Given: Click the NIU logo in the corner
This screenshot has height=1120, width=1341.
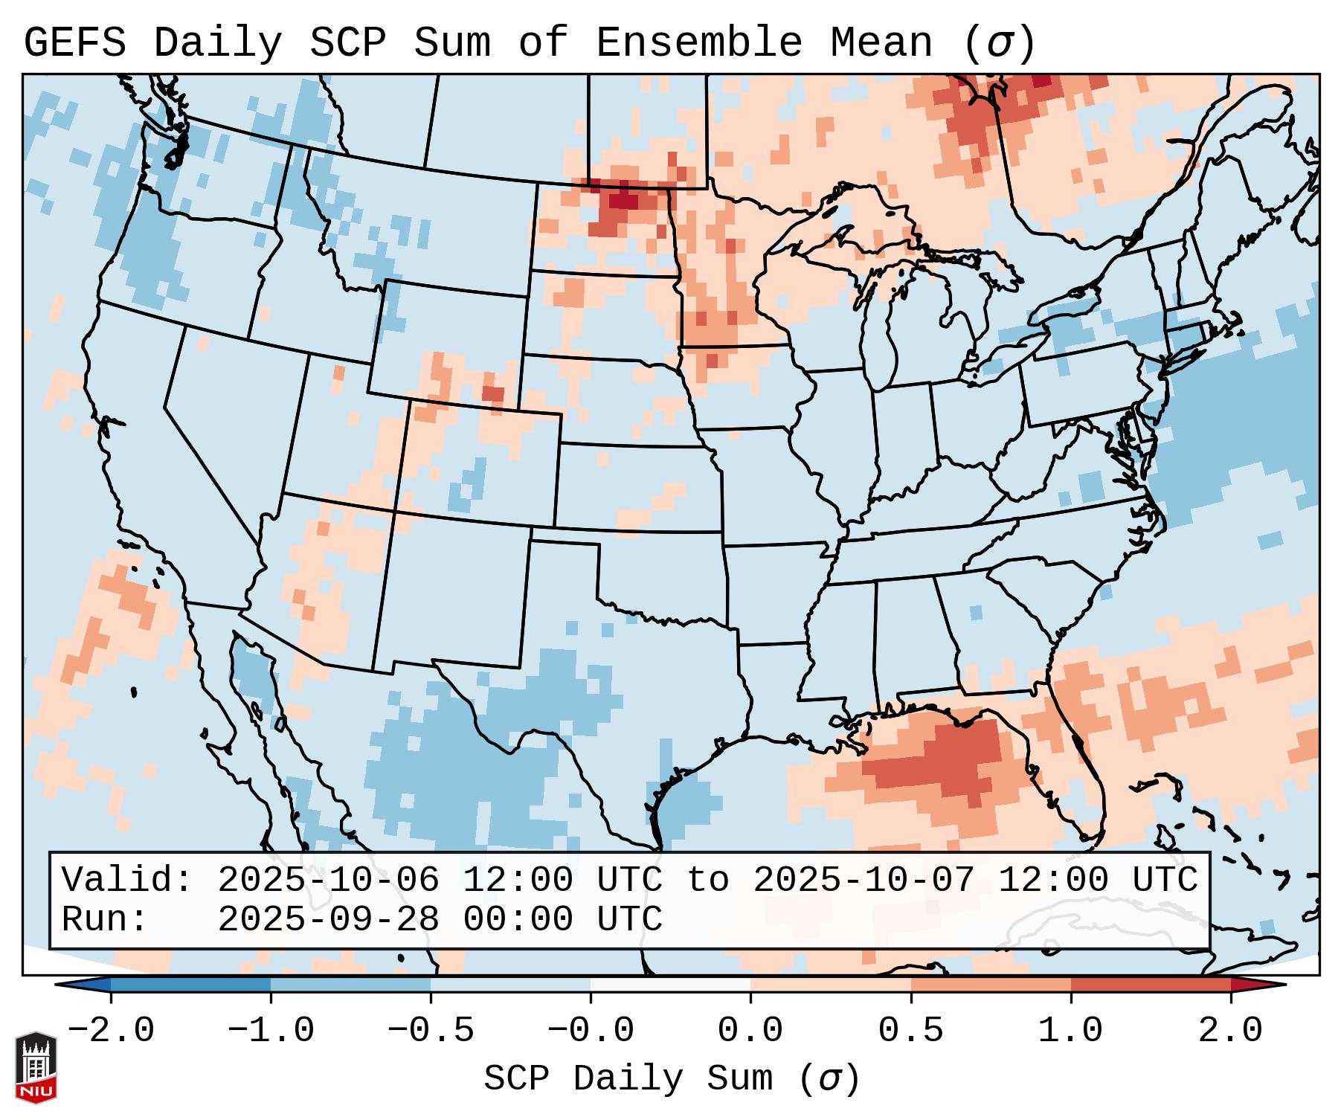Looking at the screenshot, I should click(36, 1066).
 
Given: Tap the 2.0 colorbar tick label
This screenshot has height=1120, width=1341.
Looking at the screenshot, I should click(1230, 1031).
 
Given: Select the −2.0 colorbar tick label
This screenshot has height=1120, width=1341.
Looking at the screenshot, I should click(111, 1031).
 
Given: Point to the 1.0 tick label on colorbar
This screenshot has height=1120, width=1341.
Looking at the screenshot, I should click(1070, 1031).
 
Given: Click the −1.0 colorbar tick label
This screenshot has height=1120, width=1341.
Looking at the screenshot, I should click(271, 1031).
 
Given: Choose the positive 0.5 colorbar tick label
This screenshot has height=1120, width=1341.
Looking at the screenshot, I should click(910, 1031).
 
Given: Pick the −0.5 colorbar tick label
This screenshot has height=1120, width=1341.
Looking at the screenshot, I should click(431, 1031).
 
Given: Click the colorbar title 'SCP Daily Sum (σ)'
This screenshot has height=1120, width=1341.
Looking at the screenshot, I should click(672, 1078).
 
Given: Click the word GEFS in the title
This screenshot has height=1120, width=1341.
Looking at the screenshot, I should click(74, 43).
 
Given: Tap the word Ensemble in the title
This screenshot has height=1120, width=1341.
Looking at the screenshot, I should click(699, 43).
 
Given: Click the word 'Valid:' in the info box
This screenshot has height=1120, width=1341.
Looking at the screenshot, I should click(127, 880).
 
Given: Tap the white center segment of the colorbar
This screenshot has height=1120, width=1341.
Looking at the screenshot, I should click(670, 985).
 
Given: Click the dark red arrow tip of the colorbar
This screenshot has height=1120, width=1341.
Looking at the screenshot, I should click(1264, 985).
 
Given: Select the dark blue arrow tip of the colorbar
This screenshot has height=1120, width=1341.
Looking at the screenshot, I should click(78, 985).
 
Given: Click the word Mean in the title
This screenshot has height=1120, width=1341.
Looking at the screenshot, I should click(881, 43).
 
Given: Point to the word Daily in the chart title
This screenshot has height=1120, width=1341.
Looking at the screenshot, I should click(218, 43).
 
